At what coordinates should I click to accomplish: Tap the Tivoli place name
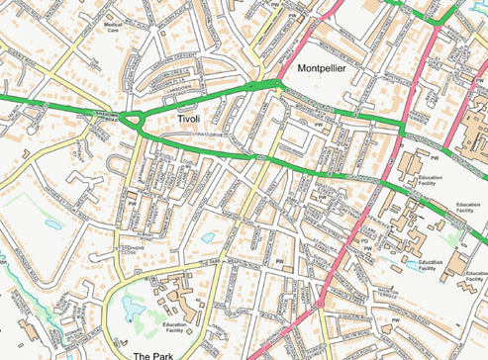[x=188, y=119]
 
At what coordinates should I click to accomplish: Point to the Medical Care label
[x=113, y=27]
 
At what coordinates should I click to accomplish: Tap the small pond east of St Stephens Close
[x=208, y=237]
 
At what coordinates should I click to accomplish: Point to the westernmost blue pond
[x=52, y=225]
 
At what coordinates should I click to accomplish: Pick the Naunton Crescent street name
[x=356, y=316]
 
